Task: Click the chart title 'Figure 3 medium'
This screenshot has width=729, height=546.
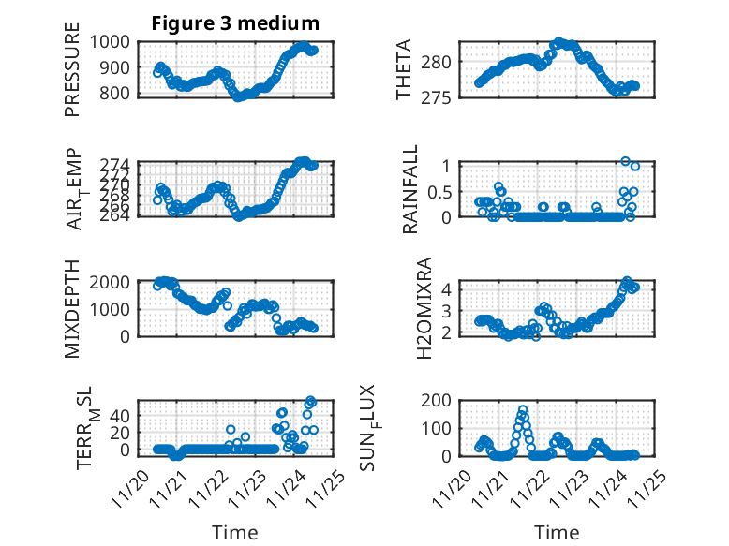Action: (235, 23)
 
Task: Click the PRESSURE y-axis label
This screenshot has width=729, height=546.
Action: (72, 77)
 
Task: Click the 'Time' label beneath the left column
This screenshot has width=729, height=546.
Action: (234, 532)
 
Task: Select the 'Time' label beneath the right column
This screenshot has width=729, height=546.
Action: (557, 532)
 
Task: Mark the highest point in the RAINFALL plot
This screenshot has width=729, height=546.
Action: (626, 161)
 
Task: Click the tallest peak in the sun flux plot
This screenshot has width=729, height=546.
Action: (522, 410)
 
